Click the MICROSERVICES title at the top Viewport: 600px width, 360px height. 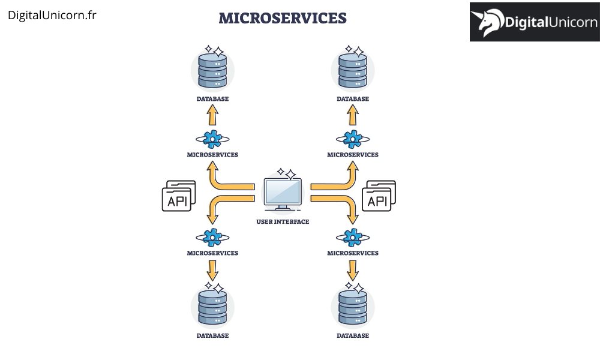tap(283, 18)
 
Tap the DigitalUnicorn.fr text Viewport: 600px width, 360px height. tap(52, 15)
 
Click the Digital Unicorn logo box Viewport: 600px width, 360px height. tap(534, 22)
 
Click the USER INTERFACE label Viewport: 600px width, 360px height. tap(283, 222)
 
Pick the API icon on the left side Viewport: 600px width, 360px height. tap(178, 196)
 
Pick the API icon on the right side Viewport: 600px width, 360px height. tap(379, 196)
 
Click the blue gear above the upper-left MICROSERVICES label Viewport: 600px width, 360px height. tap(212, 139)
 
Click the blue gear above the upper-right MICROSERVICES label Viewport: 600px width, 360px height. tap(353, 139)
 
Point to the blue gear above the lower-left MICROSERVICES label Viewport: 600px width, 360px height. tap(212, 238)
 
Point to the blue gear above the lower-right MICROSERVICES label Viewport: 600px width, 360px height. tap(353, 238)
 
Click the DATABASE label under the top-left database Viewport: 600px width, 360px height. tap(212, 99)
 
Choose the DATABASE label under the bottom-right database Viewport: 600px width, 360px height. tap(353, 336)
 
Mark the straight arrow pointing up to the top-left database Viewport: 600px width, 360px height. tap(212, 114)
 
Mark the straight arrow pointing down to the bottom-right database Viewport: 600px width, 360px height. tap(353, 270)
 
